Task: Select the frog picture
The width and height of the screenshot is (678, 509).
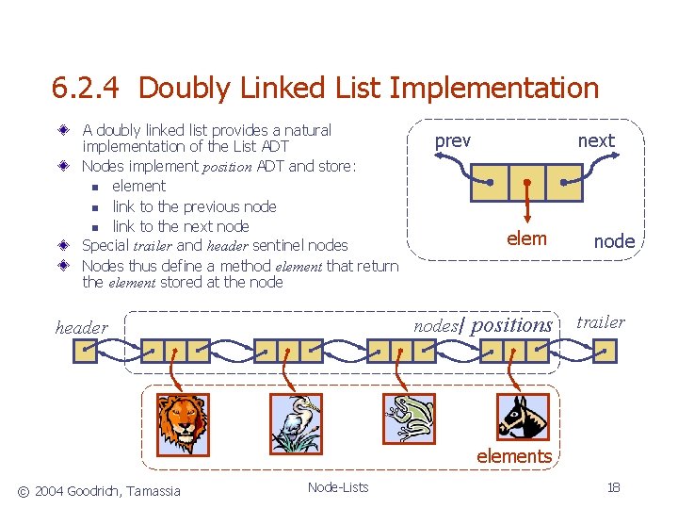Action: pyautogui.click(x=410, y=419)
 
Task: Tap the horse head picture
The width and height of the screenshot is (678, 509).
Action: pyautogui.click(x=523, y=418)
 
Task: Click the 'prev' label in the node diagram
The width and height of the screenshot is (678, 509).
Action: pyautogui.click(x=452, y=140)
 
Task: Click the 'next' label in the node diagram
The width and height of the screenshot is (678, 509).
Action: pyautogui.click(x=595, y=140)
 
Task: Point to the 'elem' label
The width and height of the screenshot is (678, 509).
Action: pyautogui.click(x=525, y=238)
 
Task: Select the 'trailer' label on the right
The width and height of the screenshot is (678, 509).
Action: pyautogui.click(x=600, y=321)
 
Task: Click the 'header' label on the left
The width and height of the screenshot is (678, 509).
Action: pyautogui.click(x=82, y=328)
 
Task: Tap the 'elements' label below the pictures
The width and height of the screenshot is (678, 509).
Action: pyautogui.click(x=513, y=456)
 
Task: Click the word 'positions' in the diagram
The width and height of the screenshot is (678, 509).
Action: pyautogui.click(x=511, y=324)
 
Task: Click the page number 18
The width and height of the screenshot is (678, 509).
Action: pyautogui.click(x=613, y=487)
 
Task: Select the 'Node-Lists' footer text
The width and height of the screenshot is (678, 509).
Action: pyautogui.click(x=338, y=487)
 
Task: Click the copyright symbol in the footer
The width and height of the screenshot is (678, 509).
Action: pyautogui.click(x=24, y=490)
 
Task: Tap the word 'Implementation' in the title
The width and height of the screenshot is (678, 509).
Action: pyautogui.click(x=493, y=89)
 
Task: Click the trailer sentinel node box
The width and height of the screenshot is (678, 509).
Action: pyautogui.click(x=605, y=352)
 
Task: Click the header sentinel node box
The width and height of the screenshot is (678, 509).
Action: pyautogui.click(x=86, y=352)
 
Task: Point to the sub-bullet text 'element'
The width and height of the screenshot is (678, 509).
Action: pyautogui.click(x=138, y=186)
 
